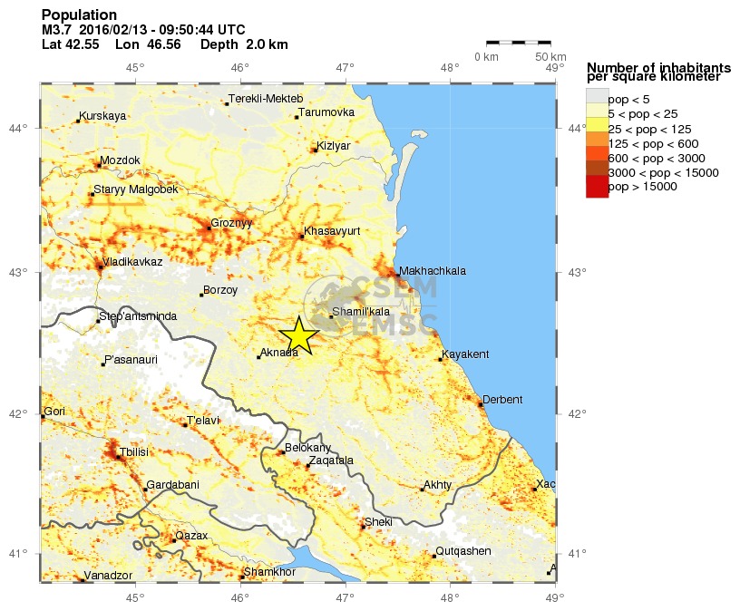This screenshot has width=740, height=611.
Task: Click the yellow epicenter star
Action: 299,336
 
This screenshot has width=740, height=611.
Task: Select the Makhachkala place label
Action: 432,271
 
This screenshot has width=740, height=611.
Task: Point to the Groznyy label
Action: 231,223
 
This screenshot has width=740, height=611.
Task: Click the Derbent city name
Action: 502,400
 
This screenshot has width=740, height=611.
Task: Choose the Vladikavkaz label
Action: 132,262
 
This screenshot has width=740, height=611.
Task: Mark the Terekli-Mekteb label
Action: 266,99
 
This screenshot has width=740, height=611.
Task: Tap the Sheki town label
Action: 378,522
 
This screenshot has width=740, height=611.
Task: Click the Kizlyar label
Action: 334,145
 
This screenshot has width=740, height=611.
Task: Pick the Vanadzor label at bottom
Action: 108,576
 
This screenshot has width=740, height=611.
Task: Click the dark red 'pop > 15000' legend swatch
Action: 597,187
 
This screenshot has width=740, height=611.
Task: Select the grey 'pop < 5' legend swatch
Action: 597,98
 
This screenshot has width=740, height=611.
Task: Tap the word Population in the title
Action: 79,15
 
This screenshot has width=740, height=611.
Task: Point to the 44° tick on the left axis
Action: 26,128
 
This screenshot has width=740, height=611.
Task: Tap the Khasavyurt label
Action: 332,231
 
